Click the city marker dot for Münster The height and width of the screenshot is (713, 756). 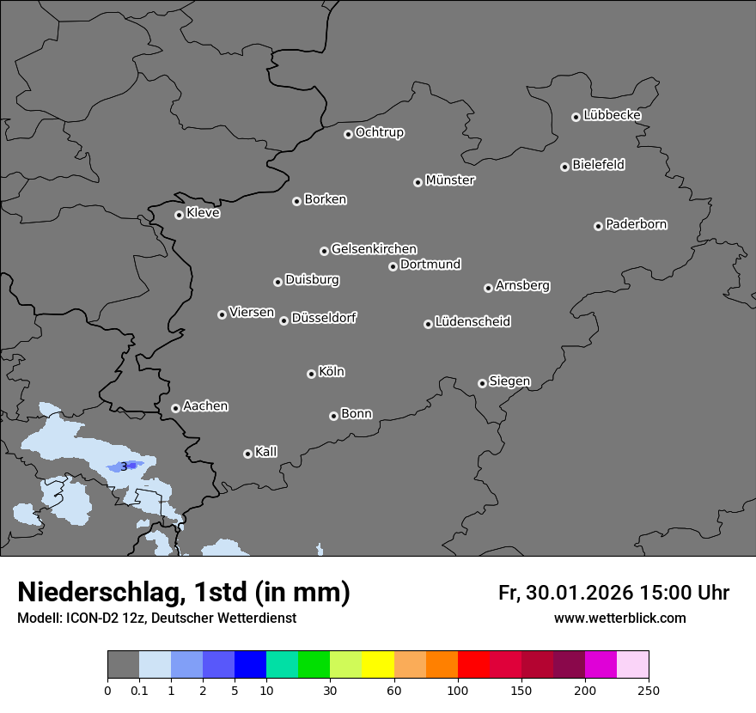tap(418, 182)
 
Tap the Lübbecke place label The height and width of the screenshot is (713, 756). tap(612, 115)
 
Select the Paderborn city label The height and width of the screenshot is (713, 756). tap(636, 224)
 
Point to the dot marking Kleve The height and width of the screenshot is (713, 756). tap(179, 215)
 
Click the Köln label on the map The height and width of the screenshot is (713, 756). tap(331, 372)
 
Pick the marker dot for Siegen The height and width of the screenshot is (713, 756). tap(482, 383)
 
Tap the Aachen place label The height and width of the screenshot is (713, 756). tap(205, 405)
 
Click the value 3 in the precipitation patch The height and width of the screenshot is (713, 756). tap(124, 466)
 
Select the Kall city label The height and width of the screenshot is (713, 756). tap(265, 452)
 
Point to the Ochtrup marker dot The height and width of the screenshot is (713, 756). tap(348, 134)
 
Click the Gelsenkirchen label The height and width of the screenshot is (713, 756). tap(374, 249)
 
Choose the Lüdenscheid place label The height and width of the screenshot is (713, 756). tap(472, 322)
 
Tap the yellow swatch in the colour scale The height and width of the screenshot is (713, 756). tap(378, 665)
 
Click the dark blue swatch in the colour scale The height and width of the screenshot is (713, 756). tap(250, 665)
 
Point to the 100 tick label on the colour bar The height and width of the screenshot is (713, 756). tap(458, 690)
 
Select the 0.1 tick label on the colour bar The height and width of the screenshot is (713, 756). tap(139, 690)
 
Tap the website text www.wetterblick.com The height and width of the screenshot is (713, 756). tap(619, 619)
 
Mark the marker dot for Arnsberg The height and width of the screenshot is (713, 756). tap(488, 288)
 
